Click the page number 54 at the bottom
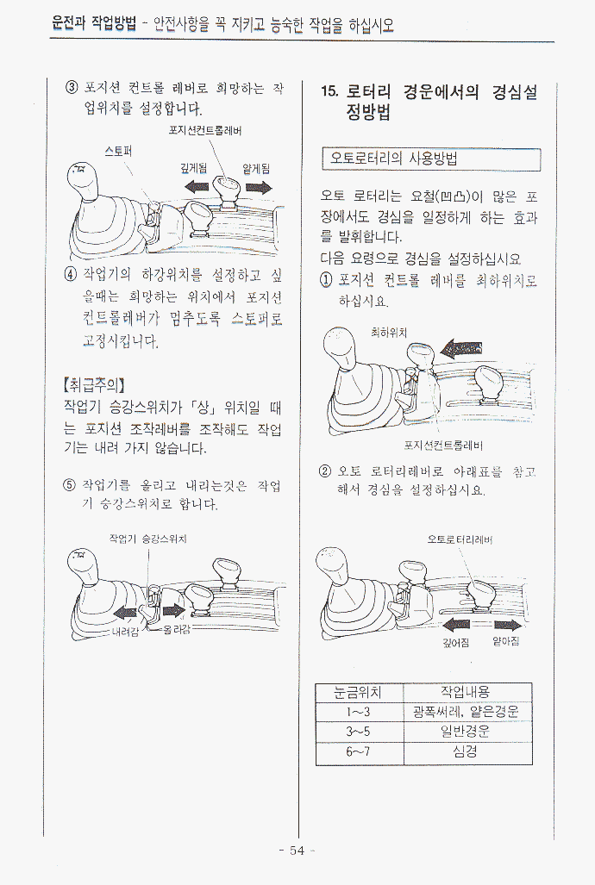(x=297, y=851)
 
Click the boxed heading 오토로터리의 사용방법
(x=394, y=158)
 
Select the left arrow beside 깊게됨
(x=196, y=186)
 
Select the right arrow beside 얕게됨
(x=259, y=187)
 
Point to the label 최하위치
(x=389, y=333)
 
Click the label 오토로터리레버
(x=460, y=539)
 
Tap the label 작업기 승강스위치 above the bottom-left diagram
(x=148, y=539)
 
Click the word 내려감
(x=125, y=631)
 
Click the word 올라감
(x=177, y=629)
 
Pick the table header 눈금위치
(x=358, y=691)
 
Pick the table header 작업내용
(x=465, y=691)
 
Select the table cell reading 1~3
(x=358, y=711)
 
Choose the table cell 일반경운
(x=465, y=731)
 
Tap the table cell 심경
(x=465, y=751)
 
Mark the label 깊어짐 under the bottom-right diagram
(x=456, y=642)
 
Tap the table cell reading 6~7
(x=358, y=751)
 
